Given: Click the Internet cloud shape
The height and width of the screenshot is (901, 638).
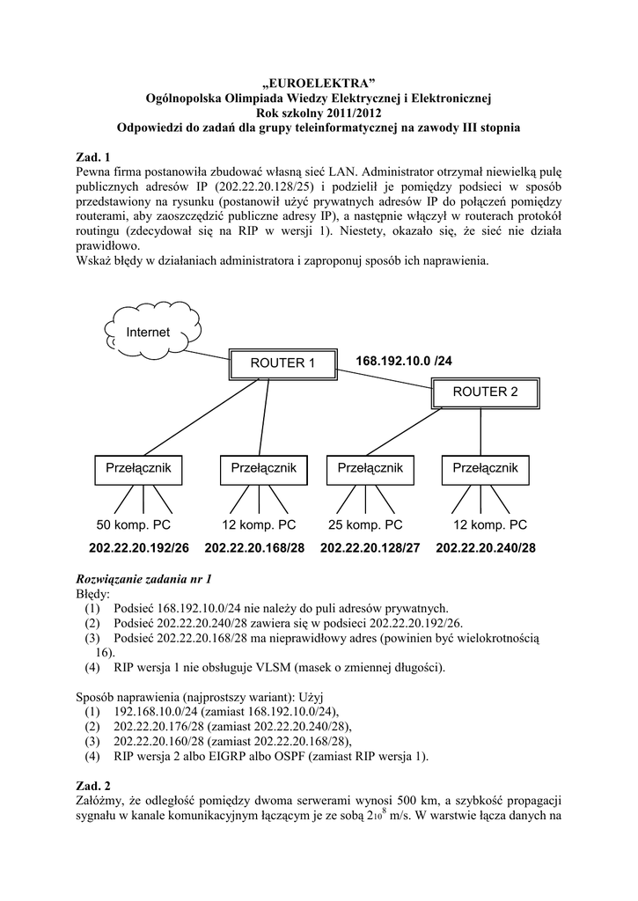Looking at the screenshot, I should tap(148, 332).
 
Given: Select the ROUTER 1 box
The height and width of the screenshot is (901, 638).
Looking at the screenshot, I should tap(282, 363).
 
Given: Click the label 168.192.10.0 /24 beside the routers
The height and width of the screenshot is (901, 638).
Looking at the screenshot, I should tap(410, 361).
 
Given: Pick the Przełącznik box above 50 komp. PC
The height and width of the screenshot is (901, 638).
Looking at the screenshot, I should tap(138, 468).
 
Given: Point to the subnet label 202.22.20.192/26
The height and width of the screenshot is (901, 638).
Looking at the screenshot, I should tap(138, 547).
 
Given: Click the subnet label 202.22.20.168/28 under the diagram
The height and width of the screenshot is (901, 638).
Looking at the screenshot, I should tap(254, 547).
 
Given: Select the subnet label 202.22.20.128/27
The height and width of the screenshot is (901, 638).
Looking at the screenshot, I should tap(370, 547).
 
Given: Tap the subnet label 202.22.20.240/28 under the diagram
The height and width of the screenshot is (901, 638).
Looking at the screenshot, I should tap(485, 547).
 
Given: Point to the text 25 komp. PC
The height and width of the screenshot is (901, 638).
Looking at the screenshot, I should tap(365, 525).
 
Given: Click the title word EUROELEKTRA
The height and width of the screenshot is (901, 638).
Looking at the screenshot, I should tap(319, 82).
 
